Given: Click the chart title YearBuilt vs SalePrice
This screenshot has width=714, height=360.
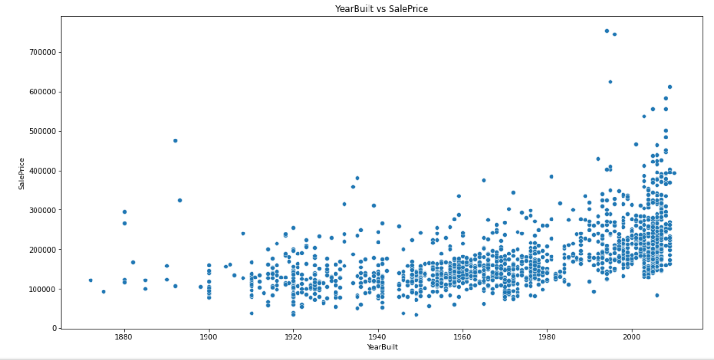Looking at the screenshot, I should [x=382, y=8].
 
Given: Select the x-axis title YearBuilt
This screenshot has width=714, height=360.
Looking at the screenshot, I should [x=382, y=347].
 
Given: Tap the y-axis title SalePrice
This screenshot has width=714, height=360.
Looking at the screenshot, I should [x=22, y=173].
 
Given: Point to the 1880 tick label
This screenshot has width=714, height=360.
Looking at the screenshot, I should [x=125, y=337].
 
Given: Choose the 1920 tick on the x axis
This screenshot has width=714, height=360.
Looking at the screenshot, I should [x=293, y=337].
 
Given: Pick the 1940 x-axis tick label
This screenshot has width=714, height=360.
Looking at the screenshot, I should [x=378, y=337].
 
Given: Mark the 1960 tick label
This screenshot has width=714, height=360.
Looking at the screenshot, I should [x=462, y=337].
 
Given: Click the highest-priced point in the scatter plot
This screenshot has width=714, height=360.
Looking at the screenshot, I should [x=606, y=31].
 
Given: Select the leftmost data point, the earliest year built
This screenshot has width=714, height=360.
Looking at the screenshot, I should [x=91, y=280].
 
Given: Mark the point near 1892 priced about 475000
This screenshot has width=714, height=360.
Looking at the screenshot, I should [x=175, y=141].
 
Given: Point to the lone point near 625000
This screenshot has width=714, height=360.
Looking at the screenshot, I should [x=610, y=82].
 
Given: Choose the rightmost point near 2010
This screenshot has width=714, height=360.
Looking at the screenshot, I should [x=674, y=173].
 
